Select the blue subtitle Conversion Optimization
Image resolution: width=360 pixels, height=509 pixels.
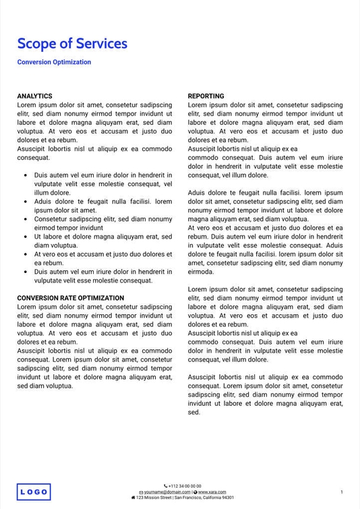click(54, 62)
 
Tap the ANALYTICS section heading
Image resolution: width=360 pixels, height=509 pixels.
click(34, 96)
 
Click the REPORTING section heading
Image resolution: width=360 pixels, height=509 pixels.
click(206, 96)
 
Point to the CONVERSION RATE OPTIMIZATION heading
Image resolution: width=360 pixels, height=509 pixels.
click(70, 298)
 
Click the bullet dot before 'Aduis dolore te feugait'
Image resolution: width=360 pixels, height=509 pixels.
click(26, 202)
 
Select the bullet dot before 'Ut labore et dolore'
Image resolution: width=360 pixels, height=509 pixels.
click(26, 237)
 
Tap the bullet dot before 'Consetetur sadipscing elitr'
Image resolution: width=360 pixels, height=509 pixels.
click(26, 219)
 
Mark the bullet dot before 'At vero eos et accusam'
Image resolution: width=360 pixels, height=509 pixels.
click(26, 254)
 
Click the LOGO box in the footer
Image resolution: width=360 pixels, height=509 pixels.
click(34, 492)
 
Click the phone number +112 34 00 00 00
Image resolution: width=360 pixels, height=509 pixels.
click(185, 485)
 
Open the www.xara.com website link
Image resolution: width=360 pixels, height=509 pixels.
click(212, 492)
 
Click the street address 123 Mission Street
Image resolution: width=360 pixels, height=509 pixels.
click(154, 498)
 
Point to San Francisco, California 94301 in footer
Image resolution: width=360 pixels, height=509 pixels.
click(204, 498)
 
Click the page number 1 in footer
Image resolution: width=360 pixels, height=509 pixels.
click(342, 492)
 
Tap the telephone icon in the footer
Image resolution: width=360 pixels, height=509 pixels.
click(166, 485)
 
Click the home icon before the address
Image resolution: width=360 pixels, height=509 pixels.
click(133, 498)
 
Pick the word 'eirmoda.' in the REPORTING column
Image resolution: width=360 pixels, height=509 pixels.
click(201, 272)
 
